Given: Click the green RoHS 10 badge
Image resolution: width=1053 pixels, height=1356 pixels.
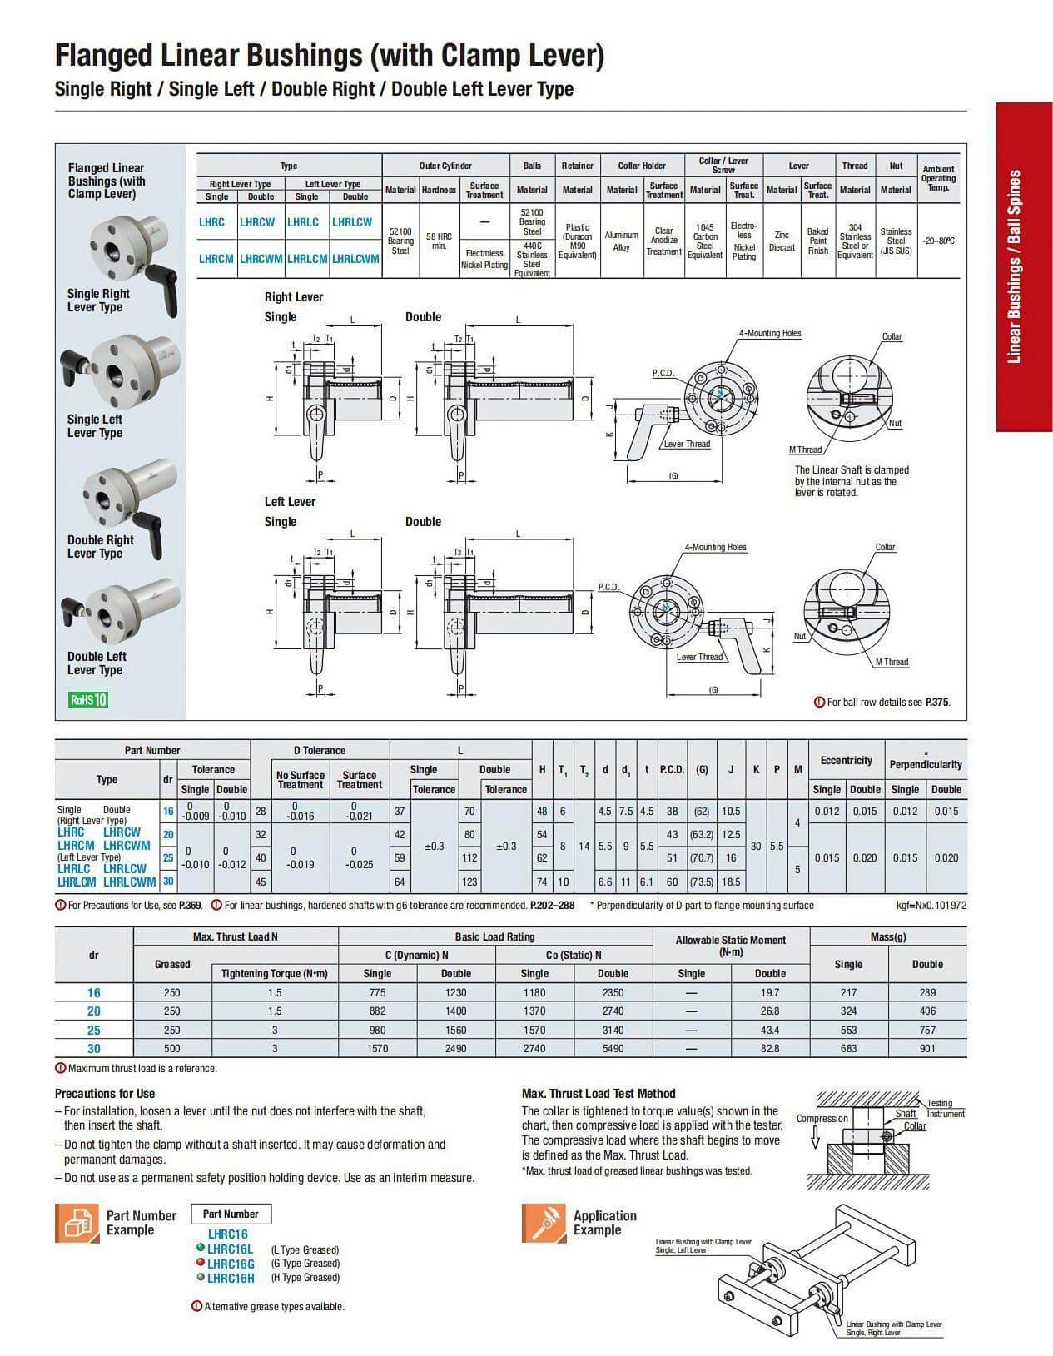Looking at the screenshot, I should [x=88, y=699].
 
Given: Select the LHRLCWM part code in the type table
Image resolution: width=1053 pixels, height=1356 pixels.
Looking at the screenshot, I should [x=355, y=259].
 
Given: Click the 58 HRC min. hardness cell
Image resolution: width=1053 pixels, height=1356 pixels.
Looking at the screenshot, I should [x=439, y=241].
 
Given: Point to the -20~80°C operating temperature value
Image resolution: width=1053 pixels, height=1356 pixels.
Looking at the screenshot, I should [x=938, y=241].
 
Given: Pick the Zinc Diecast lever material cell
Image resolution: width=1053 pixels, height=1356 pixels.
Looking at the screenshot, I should [x=782, y=241].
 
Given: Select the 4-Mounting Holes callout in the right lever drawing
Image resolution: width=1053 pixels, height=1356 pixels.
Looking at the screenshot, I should [x=770, y=333].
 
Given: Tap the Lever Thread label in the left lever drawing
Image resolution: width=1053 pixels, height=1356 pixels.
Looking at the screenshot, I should [x=699, y=657].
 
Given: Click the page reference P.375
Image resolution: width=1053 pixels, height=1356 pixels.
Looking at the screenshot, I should [x=937, y=702].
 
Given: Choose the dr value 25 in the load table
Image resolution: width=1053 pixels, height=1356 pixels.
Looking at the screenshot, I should [x=93, y=1030].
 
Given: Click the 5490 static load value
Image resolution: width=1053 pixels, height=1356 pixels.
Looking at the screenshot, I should [x=613, y=1048].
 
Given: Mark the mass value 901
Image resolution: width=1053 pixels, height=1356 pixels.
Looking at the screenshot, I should [x=927, y=1048].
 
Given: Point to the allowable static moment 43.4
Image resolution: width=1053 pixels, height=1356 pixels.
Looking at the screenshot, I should [x=770, y=1030].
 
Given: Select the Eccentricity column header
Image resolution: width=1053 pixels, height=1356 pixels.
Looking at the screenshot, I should [x=846, y=760].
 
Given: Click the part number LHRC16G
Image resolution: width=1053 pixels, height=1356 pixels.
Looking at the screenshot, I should [x=231, y=1264].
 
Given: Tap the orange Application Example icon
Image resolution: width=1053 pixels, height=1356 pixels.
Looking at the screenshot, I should [x=544, y=1223].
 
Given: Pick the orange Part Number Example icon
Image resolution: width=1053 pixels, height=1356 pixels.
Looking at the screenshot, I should [x=77, y=1223].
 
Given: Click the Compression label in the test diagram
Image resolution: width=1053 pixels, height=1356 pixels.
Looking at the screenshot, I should [x=822, y=1118].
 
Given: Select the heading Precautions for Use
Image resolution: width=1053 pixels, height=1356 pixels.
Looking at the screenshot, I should [x=105, y=1093].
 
